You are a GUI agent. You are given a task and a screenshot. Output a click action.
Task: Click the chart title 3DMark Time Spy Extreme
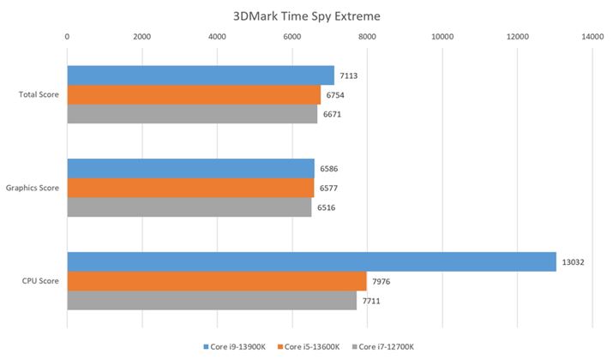click(x=306, y=15)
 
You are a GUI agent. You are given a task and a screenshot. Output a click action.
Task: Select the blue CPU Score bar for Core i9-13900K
click(x=311, y=261)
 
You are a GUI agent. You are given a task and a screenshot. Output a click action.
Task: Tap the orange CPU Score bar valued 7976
click(x=216, y=280)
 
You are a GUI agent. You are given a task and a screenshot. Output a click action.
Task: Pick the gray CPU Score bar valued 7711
click(x=211, y=300)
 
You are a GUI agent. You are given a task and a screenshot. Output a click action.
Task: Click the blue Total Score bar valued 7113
click(x=200, y=75)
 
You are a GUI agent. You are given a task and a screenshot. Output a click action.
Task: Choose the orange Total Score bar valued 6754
click(x=193, y=94)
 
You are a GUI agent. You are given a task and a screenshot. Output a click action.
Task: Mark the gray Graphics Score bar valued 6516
click(x=189, y=207)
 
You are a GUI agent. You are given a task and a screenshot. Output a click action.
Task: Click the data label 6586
click(x=329, y=169)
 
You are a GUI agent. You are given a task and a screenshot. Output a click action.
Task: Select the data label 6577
click(x=329, y=188)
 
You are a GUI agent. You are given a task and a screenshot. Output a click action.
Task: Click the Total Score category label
click(x=39, y=94)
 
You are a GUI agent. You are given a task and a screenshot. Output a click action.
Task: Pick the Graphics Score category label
click(x=33, y=188)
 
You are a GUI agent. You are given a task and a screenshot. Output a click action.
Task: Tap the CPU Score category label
click(x=40, y=281)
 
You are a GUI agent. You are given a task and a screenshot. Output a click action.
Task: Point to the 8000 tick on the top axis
click(x=367, y=37)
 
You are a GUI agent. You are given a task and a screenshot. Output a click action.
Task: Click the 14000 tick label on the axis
click(x=592, y=37)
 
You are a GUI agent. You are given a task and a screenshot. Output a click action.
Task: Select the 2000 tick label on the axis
click(x=141, y=37)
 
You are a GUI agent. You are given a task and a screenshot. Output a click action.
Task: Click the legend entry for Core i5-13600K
click(x=311, y=346)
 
